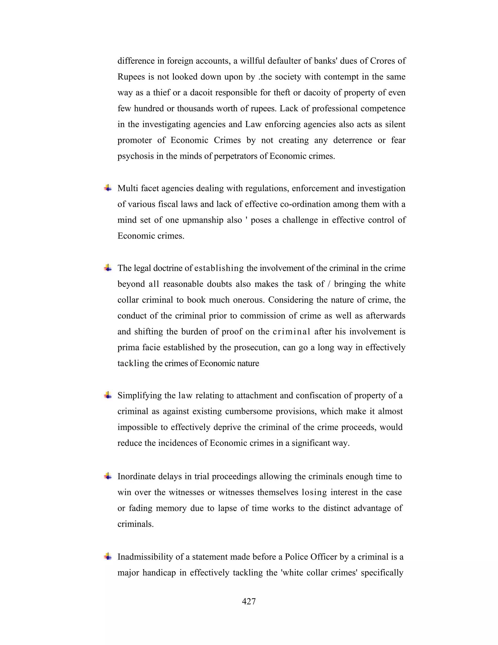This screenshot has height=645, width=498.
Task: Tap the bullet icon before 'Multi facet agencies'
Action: click(108, 188)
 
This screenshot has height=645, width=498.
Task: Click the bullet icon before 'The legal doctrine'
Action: click(108, 268)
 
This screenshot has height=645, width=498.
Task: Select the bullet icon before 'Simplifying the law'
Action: click(108, 395)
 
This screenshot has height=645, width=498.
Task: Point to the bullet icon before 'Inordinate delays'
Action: click(108, 476)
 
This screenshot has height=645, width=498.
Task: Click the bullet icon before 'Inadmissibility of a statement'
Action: click(108, 557)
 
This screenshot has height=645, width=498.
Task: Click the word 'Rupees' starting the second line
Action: click(131, 77)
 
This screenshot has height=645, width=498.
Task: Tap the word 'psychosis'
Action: click(135, 156)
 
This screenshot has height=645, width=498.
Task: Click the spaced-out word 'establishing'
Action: click(219, 268)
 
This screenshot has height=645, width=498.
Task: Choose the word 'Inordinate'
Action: click(137, 476)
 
